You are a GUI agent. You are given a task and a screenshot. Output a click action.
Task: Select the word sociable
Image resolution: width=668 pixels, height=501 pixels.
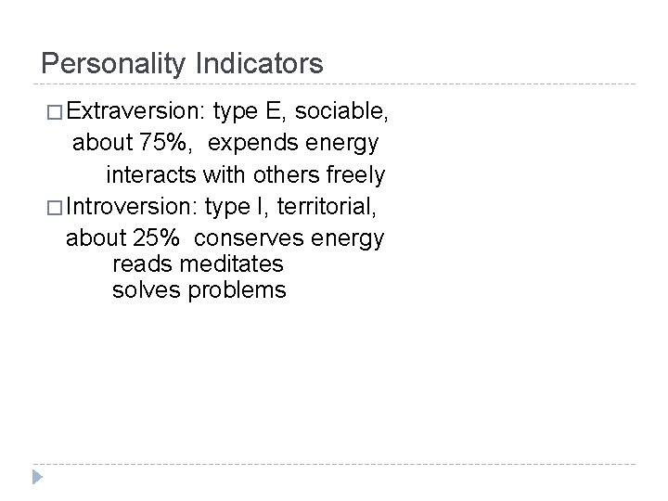[341, 113]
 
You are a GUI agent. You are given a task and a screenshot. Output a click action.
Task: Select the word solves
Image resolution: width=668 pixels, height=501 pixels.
[146, 290]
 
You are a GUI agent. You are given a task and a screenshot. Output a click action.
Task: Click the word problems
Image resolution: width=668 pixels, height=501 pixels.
[237, 291]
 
